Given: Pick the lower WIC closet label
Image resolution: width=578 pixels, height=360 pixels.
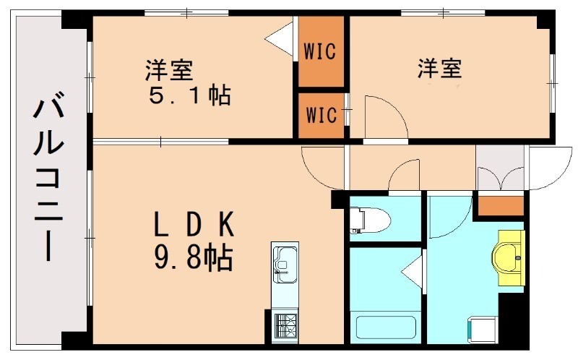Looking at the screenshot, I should coord(320,115).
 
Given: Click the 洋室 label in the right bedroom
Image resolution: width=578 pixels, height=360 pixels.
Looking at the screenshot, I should coord(439,69).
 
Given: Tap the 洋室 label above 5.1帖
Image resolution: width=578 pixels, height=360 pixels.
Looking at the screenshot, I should coord(168,71).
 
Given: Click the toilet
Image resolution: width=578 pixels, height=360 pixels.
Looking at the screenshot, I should coord(366,218).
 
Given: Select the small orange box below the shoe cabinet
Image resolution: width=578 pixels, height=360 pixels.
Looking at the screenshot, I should coord(501,205).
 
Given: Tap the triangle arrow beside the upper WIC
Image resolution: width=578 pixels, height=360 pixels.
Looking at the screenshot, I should coord(279,38).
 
